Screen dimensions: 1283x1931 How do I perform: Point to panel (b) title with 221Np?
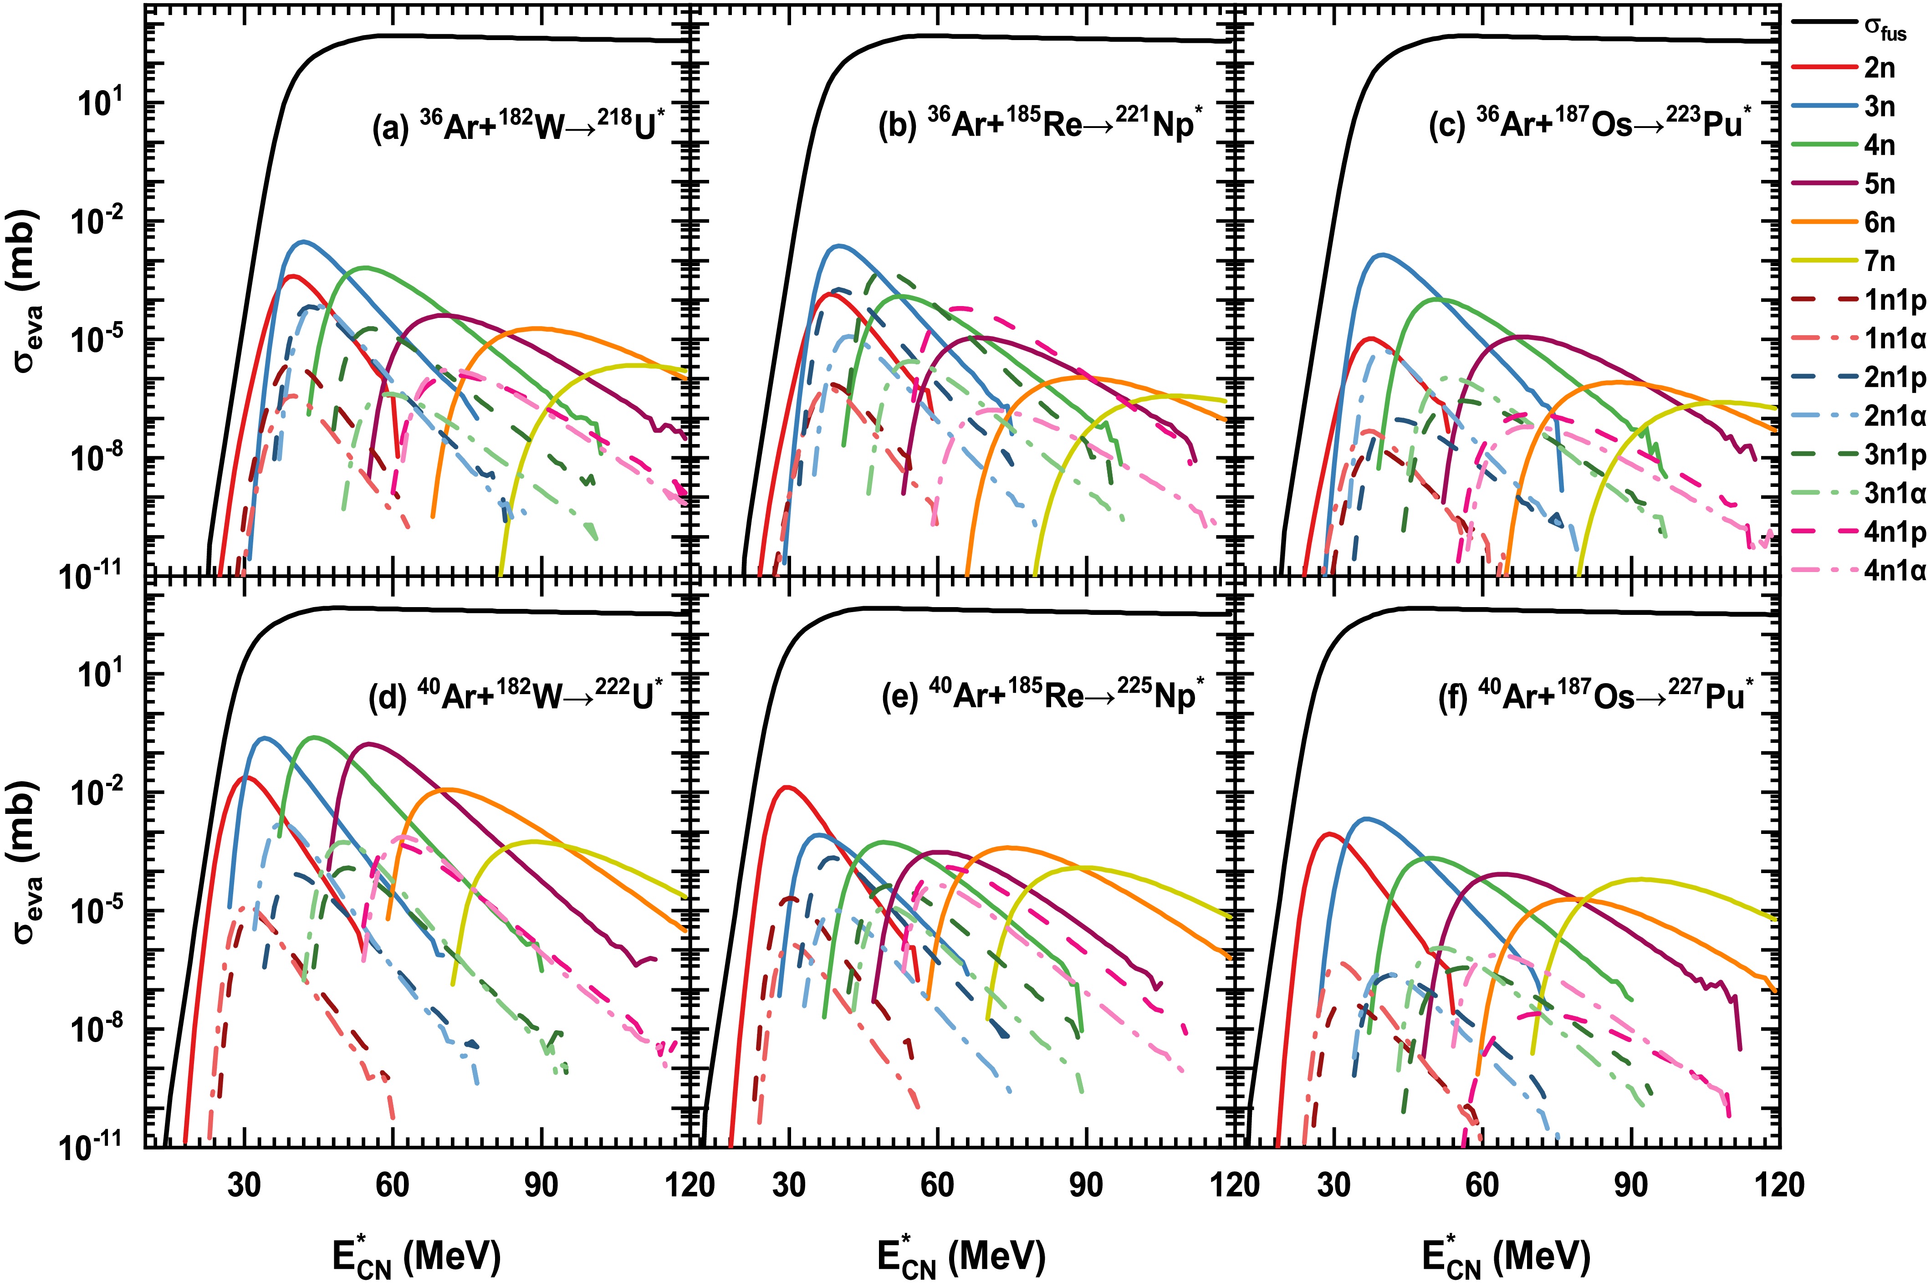(x=1040, y=126)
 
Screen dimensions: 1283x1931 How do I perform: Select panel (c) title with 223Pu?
(x=1591, y=126)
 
